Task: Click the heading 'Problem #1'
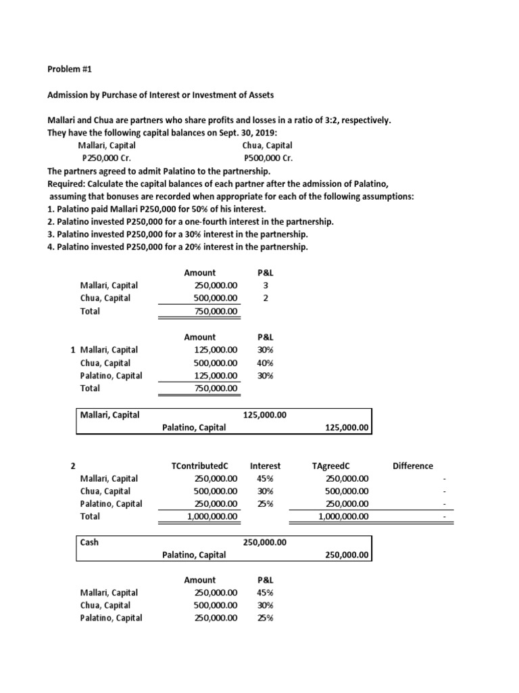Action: click(x=68, y=68)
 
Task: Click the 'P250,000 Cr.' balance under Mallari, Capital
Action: click(x=107, y=158)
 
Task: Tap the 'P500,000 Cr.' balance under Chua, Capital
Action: click(x=267, y=158)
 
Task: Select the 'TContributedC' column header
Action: click(x=201, y=466)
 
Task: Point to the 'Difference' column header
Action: click(x=412, y=466)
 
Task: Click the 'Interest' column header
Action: click(x=265, y=466)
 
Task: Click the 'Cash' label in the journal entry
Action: click(x=89, y=542)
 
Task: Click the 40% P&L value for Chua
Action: click(x=265, y=363)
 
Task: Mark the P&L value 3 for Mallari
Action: click(x=265, y=286)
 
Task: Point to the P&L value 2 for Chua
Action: click(x=265, y=298)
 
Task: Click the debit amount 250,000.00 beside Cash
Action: click(x=264, y=542)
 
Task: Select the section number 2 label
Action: click(x=73, y=466)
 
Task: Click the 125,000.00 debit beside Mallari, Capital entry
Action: click(x=264, y=415)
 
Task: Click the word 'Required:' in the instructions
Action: click(x=68, y=184)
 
